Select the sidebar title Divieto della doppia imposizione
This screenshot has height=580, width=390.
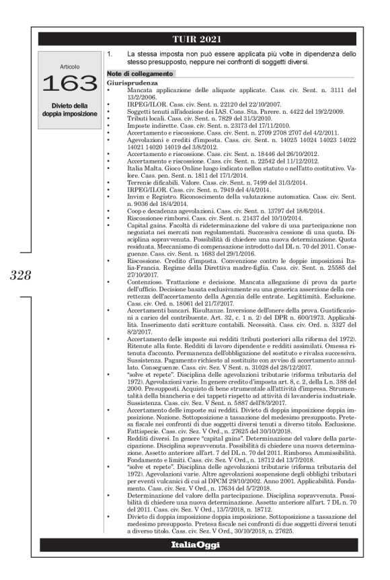(69, 110)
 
